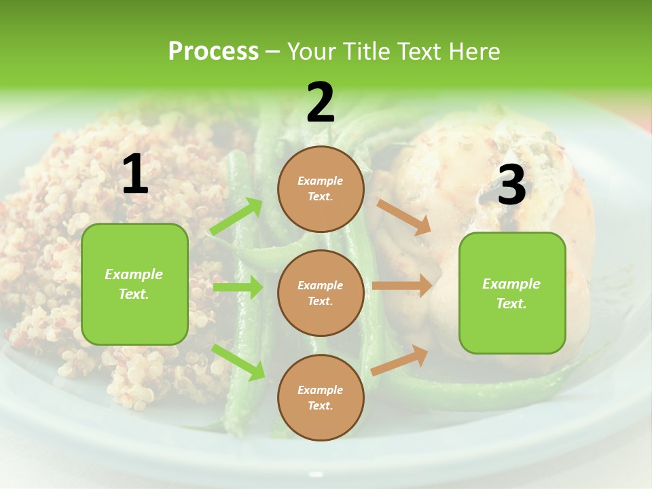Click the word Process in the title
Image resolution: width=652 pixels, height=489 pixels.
[x=213, y=51]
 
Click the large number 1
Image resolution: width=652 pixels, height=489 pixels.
[x=135, y=175]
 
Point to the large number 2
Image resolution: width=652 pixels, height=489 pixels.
[x=321, y=103]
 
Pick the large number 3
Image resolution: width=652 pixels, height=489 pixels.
[x=511, y=185]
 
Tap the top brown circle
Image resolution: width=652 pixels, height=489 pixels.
[x=321, y=189]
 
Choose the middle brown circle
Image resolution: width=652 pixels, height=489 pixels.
[x=321, y=293]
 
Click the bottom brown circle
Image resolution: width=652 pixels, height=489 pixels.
[x=321, y=397]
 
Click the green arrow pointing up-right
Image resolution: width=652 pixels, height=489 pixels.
[x=236, y=217]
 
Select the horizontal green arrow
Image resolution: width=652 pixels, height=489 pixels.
[x=238, y=287]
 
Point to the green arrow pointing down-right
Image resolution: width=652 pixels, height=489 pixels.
[x=238, y=362]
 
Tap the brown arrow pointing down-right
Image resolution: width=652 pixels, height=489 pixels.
[x=404, y=217]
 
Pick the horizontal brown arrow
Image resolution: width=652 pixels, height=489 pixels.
[x=401, y=285]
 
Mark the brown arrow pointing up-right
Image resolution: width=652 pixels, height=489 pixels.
[x=399, y=360]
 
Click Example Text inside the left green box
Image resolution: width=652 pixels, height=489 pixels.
[x=134, y=284]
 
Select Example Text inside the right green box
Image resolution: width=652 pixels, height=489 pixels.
[x=511, y=293]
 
